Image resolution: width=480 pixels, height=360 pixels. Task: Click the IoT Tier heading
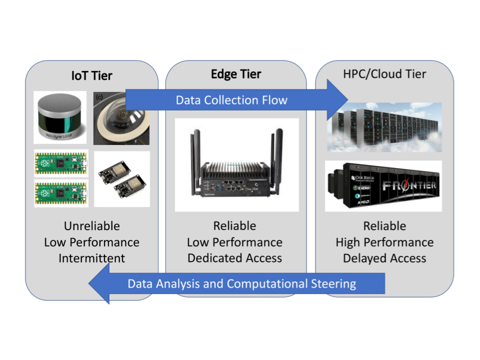[91, 76]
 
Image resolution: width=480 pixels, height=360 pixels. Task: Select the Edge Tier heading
[236, 74]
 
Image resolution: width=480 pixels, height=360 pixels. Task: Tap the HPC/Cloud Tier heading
[384, 74]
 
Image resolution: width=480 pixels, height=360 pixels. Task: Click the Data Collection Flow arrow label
[231, 100]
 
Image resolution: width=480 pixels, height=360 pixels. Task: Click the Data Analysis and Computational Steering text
[242, 284]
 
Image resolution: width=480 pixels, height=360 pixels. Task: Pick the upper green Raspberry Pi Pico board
[61, 163]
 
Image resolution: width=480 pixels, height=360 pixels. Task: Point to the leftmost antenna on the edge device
[192, 150]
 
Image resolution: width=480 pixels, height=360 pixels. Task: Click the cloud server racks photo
[384, 126]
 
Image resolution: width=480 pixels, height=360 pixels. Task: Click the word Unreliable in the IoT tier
[91, 226]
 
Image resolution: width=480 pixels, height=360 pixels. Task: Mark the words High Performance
[384, 242]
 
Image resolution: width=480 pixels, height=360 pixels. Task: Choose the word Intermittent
[91, 258]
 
